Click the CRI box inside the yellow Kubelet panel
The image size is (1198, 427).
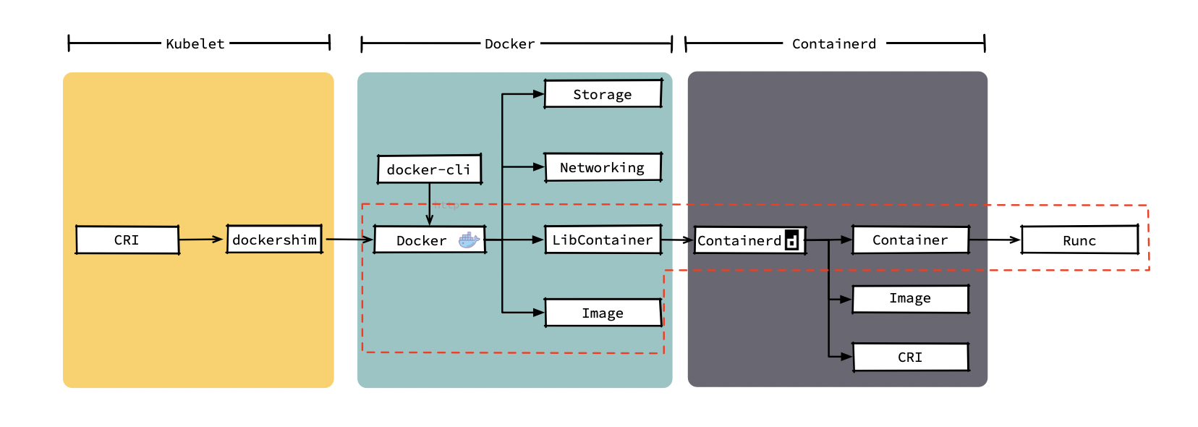pyautogui.click(x=127, y=240)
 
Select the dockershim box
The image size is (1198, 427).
pyautogui.click(x=274, y=240)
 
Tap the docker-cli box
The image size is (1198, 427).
pyautogui.click(x=429, y=169)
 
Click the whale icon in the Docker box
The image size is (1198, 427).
pyautogui.click(x=469, y=240)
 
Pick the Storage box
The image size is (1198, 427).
pyautogui.click(x=603, y=94)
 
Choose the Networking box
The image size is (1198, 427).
pyautogui.click(x=603, y=167)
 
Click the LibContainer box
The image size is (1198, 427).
pyautogui.click(x=603, y=240)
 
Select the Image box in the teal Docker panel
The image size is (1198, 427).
pyautogui.click(x=603, y=313)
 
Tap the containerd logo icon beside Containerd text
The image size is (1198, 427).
pyautogui.click(x=792, y=240)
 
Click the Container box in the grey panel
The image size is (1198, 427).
pyautogui.click(x=910, y=240)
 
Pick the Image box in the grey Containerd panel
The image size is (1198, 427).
pyautogui.click(x=910, y=298)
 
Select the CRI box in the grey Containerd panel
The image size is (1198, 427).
pyautogui.click(x=910, y=357)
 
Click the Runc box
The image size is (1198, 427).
pyautogui.click(x=1079, y=240)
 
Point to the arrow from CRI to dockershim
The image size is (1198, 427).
pyautogui.click(x=201, y=239)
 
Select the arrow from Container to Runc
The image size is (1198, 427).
pyautogui.click(x=995, y=240)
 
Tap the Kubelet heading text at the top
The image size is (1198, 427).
pyautogui.click(x=195, y=43)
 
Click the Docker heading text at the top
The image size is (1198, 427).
pyautogui.click(x=509, y=44)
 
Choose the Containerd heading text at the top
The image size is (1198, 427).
pyautogui.click(x=834, y=44)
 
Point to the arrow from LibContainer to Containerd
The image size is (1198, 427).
pyautogui.click(x=677, y=240)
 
